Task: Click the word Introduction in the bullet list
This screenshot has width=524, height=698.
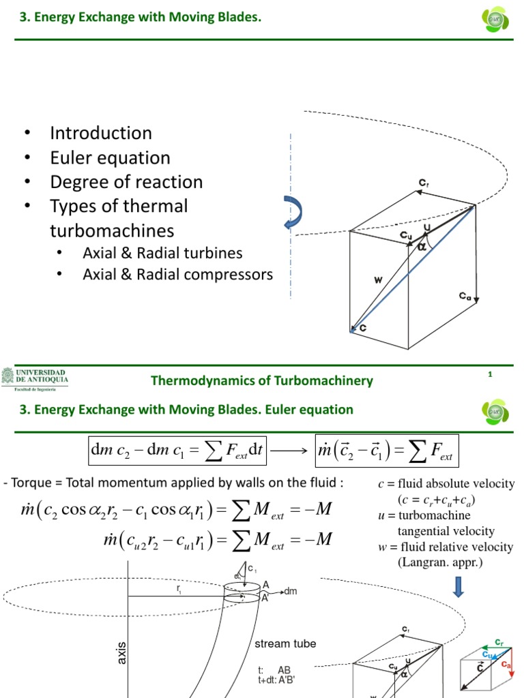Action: [101, 133]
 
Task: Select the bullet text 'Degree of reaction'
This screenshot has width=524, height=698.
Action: [126, 182]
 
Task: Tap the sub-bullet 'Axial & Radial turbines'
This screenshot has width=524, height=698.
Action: [162, 253]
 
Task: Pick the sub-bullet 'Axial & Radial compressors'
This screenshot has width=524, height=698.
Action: [177, 275]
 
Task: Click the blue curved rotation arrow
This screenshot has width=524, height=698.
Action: [292, 213]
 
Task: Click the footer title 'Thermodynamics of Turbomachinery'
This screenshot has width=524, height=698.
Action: [262, 380]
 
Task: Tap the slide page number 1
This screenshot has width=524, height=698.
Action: [490, 374]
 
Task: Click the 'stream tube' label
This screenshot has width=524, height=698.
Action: [285, 643]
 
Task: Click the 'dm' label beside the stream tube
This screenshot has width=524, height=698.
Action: [289, 591]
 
